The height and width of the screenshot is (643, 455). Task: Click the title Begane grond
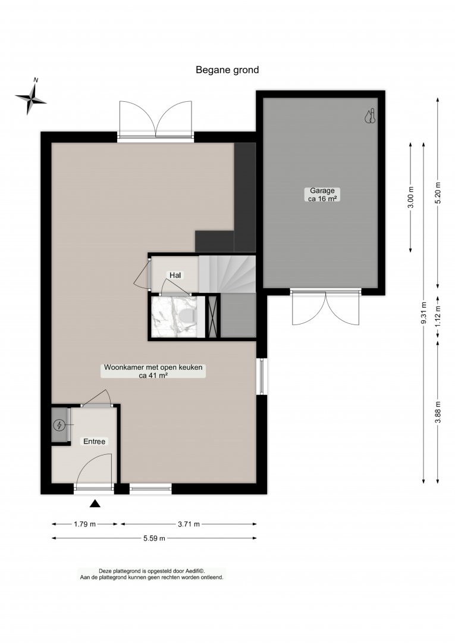point(227,70)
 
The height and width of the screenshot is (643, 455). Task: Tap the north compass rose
point(31,98)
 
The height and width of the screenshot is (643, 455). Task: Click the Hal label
point(175,275)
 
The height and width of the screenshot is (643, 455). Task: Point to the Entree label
point(95,442)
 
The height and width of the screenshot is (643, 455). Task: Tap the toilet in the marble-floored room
point(188,316)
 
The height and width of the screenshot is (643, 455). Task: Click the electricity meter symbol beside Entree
point(60,425)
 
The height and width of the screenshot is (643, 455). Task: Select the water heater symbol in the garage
point(369,116)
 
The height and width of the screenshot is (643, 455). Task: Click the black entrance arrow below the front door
point(95,504)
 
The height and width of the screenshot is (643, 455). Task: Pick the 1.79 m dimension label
point(85,524)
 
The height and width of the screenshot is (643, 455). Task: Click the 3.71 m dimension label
point(189,524)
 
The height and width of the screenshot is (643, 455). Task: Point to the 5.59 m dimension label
point(155,538)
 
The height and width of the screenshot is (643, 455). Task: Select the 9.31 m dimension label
point(423,313)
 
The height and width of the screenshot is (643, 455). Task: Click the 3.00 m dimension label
point(411,197)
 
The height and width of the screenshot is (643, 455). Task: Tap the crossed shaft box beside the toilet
point(212,316)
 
